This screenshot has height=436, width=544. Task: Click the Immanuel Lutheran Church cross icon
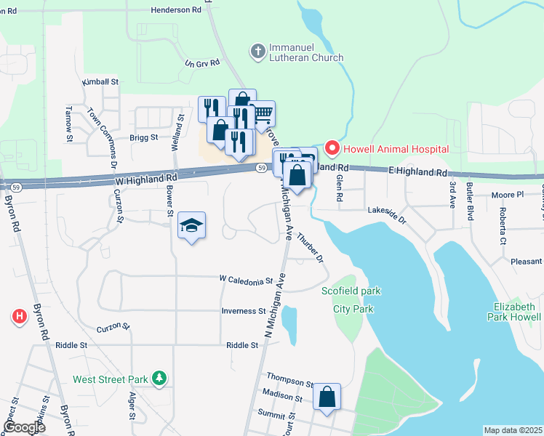(x=257, y=51)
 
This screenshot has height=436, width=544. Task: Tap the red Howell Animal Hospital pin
(x=332, y=148)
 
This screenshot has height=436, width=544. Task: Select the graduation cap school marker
(x=191, y=226)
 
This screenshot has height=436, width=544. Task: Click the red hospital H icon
(x=20, y=316)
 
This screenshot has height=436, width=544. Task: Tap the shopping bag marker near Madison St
(x=327, y=397)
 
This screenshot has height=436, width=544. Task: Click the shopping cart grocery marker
(x=263, y=114)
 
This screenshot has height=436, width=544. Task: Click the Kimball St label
(x=100, y=82)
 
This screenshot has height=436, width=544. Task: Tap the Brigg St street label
(x=144, y=137)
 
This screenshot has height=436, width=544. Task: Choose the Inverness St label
(x=244, y=311)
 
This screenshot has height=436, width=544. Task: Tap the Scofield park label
(x=351, y=291)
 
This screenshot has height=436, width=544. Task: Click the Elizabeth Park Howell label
(x=513, y=312)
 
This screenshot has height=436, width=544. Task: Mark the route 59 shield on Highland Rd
(x=260, y=168)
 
